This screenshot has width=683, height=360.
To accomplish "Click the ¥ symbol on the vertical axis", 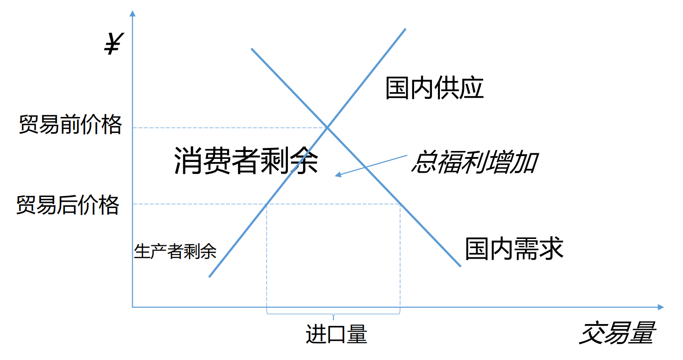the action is (x=112, y=45).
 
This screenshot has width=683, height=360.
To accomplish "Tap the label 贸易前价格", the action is (x=70, y=125).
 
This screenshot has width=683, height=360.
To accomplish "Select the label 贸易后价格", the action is (x=68, y=205).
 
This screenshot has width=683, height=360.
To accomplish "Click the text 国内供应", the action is (x=434, y=88).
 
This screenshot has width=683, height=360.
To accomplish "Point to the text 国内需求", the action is (x=514, y=249).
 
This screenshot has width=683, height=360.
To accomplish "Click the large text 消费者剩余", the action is (x=246, y=161).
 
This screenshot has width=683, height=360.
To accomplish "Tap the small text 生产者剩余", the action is (x=175, y=251).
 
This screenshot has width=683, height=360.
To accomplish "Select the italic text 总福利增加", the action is (x=474, y=163).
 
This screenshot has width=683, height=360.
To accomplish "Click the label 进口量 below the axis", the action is (x=336, y=334).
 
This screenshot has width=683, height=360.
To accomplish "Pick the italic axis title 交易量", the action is (x=617, y=334).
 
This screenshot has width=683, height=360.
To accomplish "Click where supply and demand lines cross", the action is (x=327, y=127).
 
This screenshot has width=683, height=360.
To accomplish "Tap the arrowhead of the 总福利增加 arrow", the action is (x=338, y=175).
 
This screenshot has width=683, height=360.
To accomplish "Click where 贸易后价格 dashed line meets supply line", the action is (x=267, y=204).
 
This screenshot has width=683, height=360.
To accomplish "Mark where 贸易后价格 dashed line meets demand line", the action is (x=400, y=204).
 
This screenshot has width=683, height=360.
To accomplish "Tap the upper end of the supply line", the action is (x=405, y=29).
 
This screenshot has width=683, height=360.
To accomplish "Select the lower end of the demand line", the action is (x=460, y=266).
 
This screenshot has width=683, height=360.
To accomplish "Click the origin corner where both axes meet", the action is (x=133, y=307).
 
